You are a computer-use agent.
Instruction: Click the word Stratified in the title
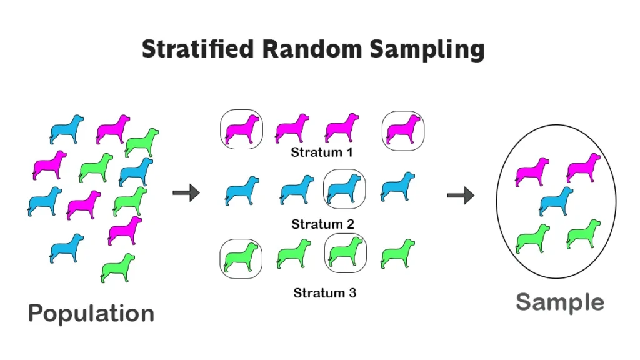[x=198, y=49]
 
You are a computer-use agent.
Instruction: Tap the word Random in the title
[x=312, y=49]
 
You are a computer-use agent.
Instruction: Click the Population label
[x=91, y=314]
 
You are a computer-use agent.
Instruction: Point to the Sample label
[x=560, y=302]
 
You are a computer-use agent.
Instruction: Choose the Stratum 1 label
[x=322, y=152]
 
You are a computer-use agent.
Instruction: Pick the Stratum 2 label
[x=322, y=224]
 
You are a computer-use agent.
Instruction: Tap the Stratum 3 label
[x=325, y=292]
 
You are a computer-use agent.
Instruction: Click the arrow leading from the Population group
[x=186, y=192]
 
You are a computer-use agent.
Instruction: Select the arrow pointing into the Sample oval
[x=461, y=195]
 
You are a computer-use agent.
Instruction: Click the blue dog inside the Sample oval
[x=556, y=201]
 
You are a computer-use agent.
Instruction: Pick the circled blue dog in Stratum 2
[x=344, y=189]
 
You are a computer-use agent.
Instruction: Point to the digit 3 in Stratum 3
[x=352, y=292]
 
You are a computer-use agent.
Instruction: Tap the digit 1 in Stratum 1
[x=349, y=152]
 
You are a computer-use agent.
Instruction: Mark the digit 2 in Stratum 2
[x=350, y=224]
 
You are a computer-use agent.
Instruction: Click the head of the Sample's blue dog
[x=567, y=191]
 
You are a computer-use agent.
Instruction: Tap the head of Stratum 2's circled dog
[x=356, y=179]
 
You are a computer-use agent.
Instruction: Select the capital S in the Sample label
[x=524, y=302]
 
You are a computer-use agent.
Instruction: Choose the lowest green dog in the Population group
[x=118, y=267]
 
